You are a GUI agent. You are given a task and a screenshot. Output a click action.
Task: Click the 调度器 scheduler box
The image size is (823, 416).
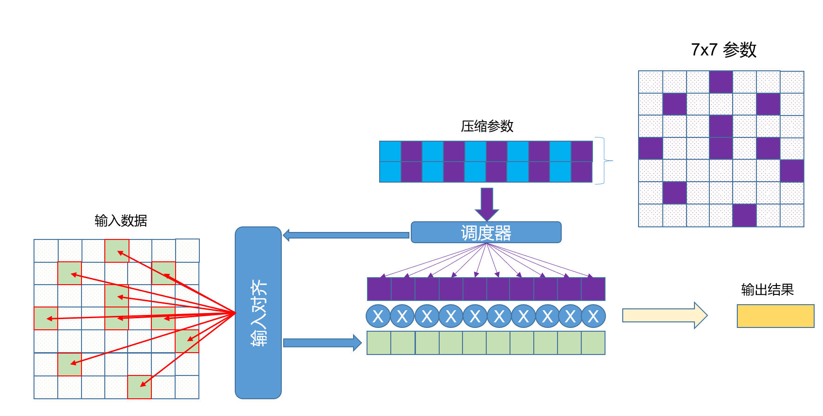click(486, 232)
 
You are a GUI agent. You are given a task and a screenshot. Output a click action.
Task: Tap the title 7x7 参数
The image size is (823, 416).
click(723, 49)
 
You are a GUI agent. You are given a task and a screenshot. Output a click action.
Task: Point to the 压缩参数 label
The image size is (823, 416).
click(487, 126)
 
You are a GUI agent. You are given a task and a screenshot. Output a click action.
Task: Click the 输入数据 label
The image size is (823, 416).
click(121, 220)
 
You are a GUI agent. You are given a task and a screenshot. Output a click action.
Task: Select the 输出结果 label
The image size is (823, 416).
click(767, 290)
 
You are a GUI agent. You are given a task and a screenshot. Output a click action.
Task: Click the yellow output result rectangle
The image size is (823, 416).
click(775, 316)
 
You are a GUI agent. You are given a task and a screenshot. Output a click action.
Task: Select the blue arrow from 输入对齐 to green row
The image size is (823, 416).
click(322, 343)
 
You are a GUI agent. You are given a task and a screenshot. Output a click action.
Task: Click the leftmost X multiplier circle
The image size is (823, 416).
click(378, 316)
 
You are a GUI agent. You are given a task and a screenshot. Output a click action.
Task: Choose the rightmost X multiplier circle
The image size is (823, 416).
click(593, 316)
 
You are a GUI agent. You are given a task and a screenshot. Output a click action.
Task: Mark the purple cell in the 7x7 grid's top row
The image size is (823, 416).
click(721, 82)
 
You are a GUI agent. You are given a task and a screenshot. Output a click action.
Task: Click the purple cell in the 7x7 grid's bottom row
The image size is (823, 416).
click(744, 215)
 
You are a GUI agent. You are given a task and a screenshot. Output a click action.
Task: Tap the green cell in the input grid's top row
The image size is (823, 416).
click(117, 251)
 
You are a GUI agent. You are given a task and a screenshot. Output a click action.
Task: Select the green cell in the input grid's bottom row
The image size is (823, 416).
click(139, 387)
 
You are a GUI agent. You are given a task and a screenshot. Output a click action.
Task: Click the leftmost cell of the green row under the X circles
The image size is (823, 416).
click(379, 343)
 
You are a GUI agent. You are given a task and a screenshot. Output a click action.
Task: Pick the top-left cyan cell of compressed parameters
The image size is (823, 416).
click(390, 151)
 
